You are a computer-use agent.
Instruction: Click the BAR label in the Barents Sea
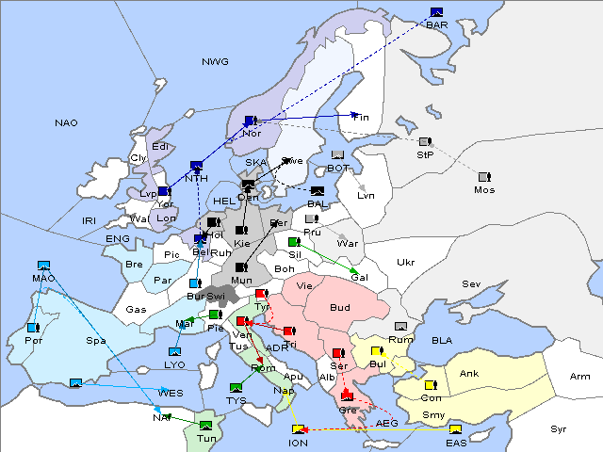pos(436,24)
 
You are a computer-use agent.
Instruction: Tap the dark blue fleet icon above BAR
pos(436,12)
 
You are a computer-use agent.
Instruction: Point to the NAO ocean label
pos(66,122)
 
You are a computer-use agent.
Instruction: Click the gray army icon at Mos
pos(484,177)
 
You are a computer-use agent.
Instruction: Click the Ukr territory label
pos(405,262)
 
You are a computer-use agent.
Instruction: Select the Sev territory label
pos(470,283)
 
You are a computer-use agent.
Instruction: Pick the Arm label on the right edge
pos(580,377)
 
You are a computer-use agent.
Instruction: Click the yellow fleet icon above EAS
pos(456,430)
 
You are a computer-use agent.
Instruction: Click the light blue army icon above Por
pos(32,328)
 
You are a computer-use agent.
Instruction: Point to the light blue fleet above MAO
pos(42,266)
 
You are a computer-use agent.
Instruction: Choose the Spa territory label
pos(96,340)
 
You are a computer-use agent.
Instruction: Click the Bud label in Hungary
pos(339,308)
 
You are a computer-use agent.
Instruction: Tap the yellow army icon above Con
pos(431,385)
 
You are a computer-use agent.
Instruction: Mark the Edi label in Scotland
pos(160,146)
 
